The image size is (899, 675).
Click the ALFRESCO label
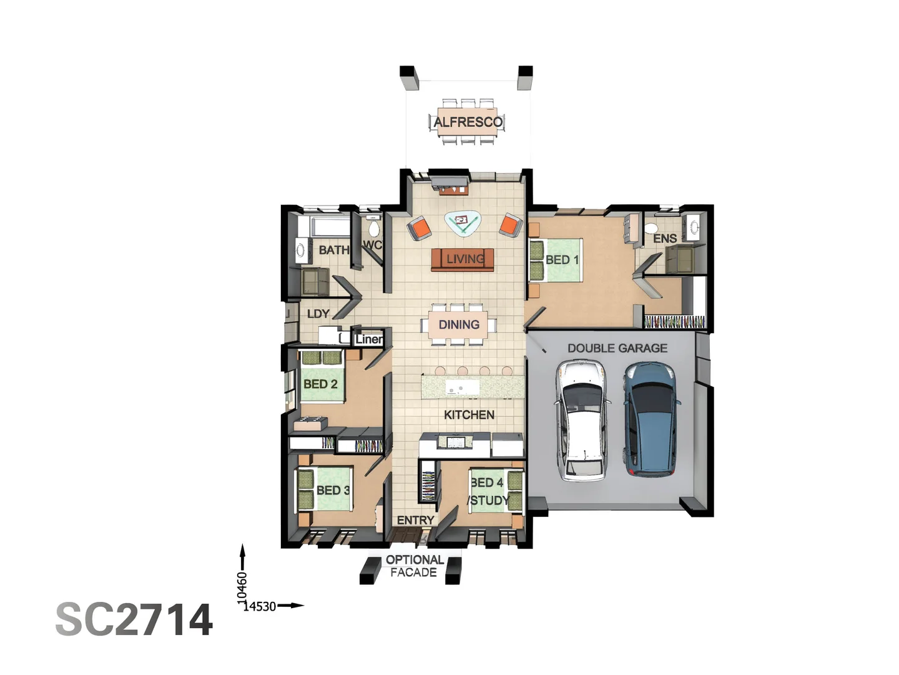coord(468,122)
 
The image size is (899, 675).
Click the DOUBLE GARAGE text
coord(617,348)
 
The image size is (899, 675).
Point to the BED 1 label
coord(562,259)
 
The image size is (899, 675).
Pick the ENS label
coord(665,238)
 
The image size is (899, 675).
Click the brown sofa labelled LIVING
coord(463,259)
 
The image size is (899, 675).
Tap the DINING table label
coord(459,324)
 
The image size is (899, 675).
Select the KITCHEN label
coord(469,415)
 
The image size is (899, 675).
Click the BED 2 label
coord(320,384)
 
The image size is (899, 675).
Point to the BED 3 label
coord(332,490)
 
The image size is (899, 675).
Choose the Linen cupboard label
coord(368,339)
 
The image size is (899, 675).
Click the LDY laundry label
coord(318,314)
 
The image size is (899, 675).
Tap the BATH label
coord(334,250)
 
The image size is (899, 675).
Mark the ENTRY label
coord(415,520)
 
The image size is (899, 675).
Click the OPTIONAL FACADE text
coord(414,566)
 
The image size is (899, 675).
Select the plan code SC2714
coord(134,619)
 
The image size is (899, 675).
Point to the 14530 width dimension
coord(260,606)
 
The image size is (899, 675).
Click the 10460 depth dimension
coord(242,587)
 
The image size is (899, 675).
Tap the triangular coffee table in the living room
coord(463,222)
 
